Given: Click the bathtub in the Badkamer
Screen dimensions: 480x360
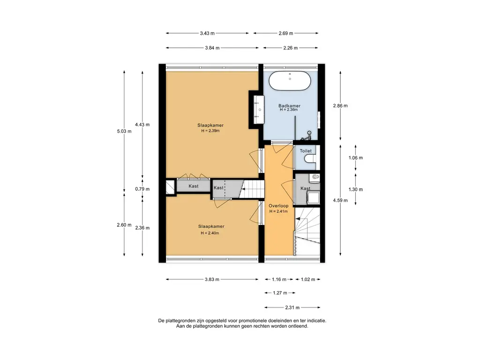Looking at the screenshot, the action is pos(290,81).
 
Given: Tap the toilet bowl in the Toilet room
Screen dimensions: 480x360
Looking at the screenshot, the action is pos(310,158).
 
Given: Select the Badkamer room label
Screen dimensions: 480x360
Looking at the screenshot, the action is pos(289,105).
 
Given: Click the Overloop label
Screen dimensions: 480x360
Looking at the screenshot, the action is pos(278,206).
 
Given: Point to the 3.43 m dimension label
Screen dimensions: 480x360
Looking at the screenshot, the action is pos(207,33).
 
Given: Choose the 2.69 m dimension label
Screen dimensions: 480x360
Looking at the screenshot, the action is pos(285,33).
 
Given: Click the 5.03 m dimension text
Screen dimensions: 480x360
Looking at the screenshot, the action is pos(124,131).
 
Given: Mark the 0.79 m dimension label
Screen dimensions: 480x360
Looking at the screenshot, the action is pos(142,189).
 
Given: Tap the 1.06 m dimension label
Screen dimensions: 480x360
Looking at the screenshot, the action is pos(355,157).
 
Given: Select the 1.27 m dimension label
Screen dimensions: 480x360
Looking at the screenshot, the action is pos(280,293).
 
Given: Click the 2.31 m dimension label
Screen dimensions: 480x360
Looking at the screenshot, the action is pos(292,307).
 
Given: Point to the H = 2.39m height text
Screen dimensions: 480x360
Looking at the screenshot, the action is pos(210,131).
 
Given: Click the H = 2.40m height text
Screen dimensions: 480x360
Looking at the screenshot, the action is pos(210,233).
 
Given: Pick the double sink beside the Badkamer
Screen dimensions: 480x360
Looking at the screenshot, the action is pos(259,110).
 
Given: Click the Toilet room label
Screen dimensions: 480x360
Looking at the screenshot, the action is pos(306,151).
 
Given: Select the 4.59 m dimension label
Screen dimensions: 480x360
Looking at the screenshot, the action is pos(340,201).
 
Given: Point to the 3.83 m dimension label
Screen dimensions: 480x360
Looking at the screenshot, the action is pos(212,279).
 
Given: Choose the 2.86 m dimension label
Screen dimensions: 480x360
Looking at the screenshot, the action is pos(340,105).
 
